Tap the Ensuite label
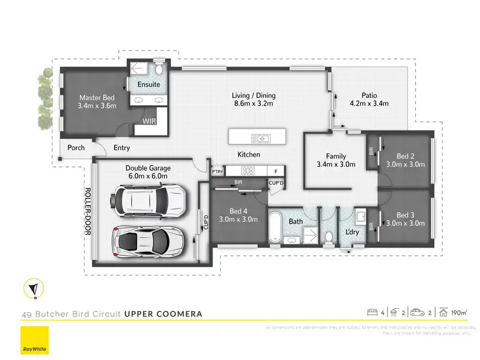148,84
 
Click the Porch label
76,148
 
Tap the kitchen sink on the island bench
260,137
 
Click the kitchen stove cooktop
248,170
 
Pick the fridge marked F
276,171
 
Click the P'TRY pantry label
216,171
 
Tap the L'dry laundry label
351,231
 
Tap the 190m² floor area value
459,313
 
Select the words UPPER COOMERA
163,314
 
